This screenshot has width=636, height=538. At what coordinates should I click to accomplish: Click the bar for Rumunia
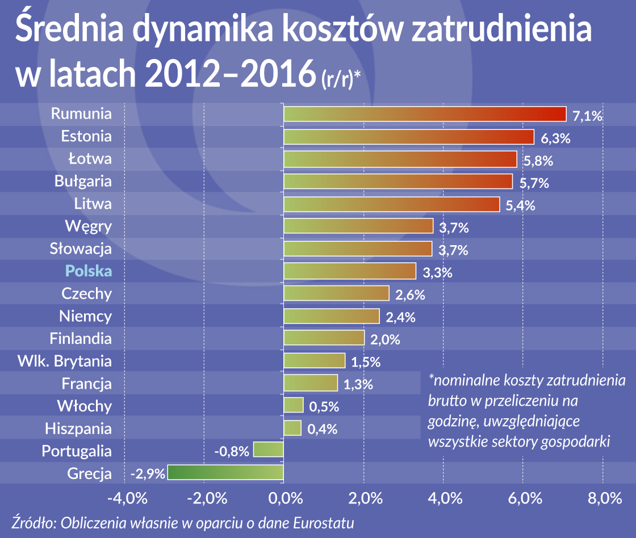click(x=425, y=114)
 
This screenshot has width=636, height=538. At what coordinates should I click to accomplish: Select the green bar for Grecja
click(x=225, y=473)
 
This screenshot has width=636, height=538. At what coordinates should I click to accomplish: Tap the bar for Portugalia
click(x=268, y=450)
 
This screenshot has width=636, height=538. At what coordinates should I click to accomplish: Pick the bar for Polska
click(x=350, y=271)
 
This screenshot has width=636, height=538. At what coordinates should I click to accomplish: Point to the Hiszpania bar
click(x=292, y=428)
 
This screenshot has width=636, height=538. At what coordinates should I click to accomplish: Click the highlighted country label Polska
click(x=89, y=271)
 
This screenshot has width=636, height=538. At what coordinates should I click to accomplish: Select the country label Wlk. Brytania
click(x=64, y=361)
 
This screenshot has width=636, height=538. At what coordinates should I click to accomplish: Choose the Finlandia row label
click(x=81, y=339)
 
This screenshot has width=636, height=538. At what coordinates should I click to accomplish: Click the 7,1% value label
click(x=587, y=116)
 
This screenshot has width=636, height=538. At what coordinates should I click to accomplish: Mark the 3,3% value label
click(x=437, y=273)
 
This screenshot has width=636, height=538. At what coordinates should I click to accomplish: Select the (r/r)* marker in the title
click(x=341, y=80)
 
